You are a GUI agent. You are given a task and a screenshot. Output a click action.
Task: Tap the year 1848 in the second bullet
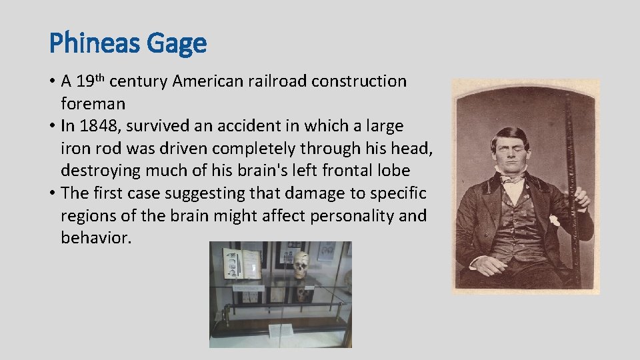(x=95, y=126)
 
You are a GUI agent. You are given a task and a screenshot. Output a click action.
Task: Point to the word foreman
(x=93, y=104)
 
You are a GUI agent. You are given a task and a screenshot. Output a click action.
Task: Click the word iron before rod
(x=75, y=148)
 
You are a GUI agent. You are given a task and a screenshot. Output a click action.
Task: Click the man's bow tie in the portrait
(x=512, y=178)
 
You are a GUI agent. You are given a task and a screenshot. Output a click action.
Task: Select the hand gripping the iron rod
(x=582, y=198)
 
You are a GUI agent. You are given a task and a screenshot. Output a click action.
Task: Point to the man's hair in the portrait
(x=510, y=133)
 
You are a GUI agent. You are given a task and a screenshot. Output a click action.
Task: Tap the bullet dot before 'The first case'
(x=52, y=194)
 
